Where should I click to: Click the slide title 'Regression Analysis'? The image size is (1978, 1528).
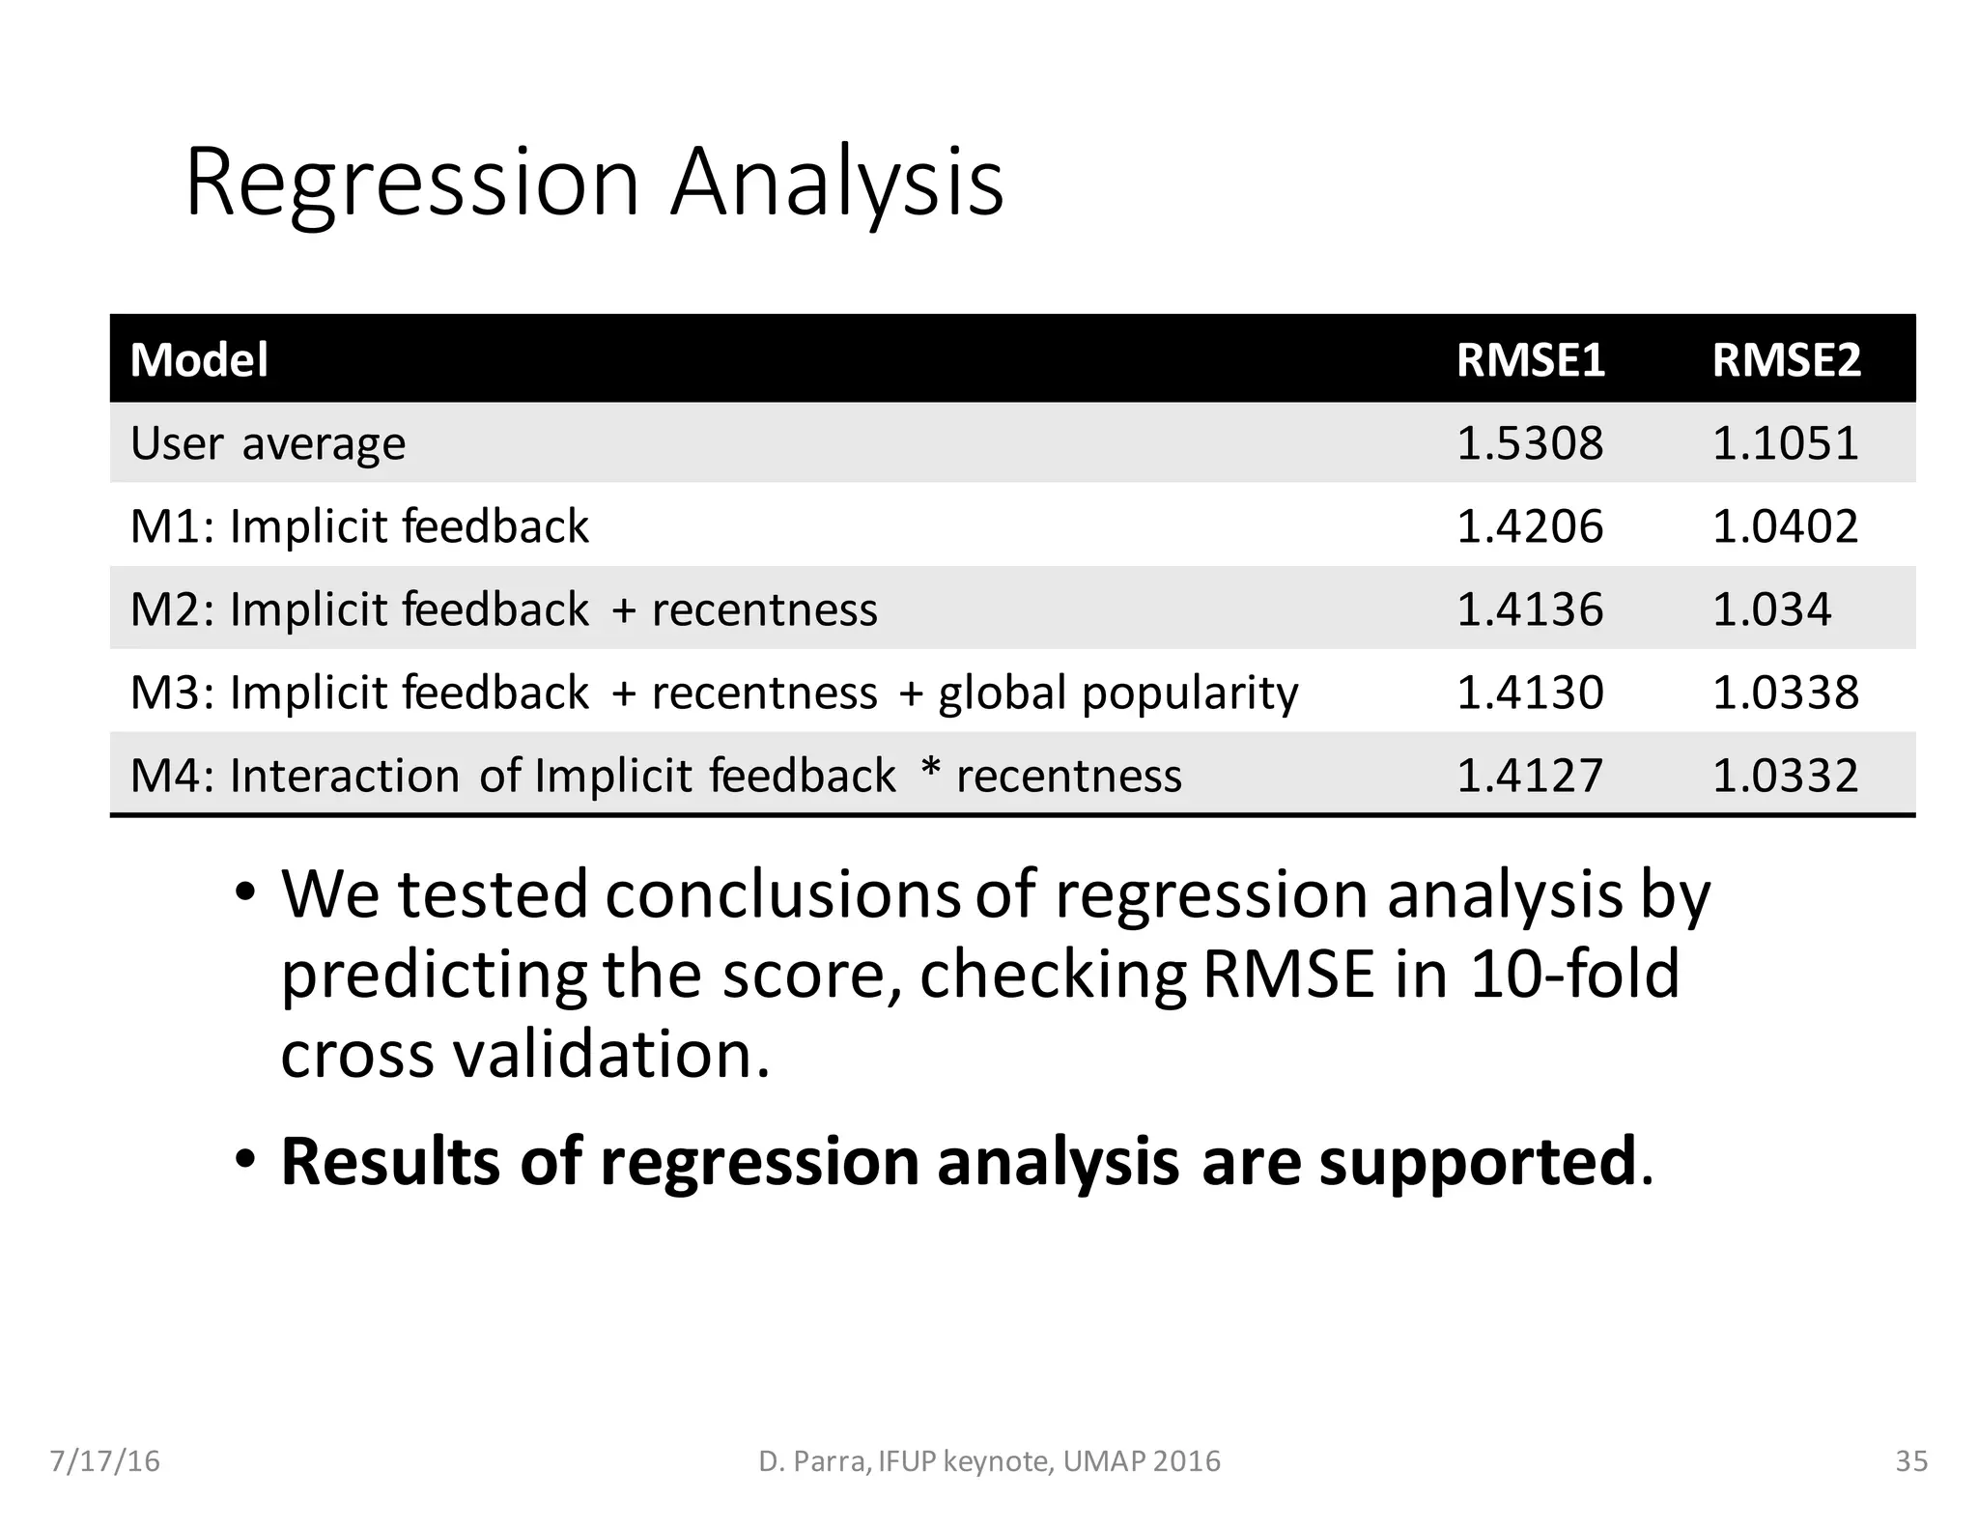click(x=594, y=182)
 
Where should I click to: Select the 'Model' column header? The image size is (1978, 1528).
click(x=199, y=359)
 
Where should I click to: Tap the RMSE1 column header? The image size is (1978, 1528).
click(x=1530, y=359)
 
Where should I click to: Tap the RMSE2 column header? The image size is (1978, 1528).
click(x=1786, y=359)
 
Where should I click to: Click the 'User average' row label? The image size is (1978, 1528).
click(x=268, y=443)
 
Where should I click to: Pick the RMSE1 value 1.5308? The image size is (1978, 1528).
click(x=1529, y=443)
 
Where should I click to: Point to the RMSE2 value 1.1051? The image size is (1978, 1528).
click(x=1785, y=443)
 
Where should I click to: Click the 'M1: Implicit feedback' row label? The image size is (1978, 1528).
click(x=359, y=526)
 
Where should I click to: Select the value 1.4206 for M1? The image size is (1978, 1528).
click(x=1529, y=526)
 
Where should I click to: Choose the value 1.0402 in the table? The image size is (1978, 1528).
click(x=1785, y=526)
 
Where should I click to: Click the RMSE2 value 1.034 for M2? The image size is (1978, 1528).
click(x=1771, y=609)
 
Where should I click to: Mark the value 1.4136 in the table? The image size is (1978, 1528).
click(x=1529, y=609)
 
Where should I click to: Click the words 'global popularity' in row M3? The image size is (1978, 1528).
click(x=1118, y=693)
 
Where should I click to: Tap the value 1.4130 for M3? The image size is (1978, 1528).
click(x=1529, y=693)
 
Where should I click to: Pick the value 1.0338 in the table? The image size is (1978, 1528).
click(x=1785, y=693)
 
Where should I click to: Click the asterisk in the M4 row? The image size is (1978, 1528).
click(x=930, y=769)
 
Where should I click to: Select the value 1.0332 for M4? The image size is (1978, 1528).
click(x=1785, y=776)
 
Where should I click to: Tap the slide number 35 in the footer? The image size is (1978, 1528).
click(x=1911, y=1461)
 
